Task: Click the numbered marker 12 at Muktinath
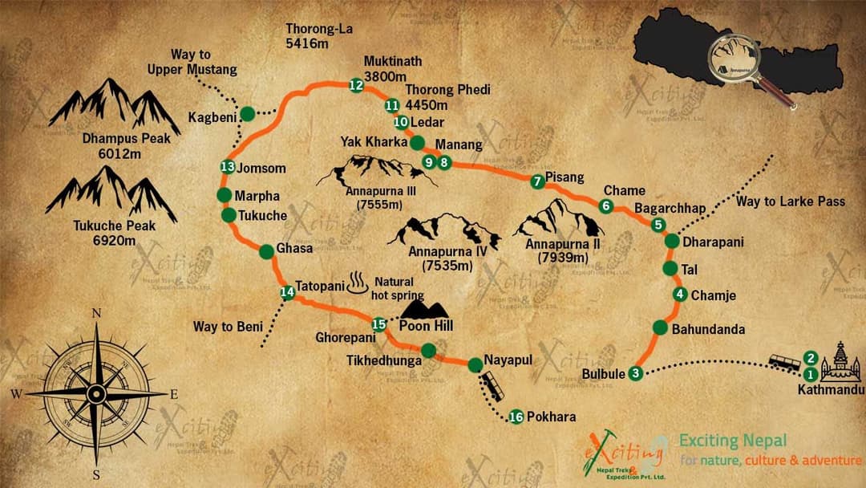point(357,85)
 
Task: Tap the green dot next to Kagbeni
point(248,114)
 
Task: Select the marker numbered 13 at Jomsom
point(228,167)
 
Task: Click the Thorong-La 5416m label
point(319,36)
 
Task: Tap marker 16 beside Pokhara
point(516,417)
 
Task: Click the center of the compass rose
point(96,393)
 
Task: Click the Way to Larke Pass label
point(790,201)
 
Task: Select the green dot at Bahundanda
point(660,327)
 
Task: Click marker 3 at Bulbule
point(635,372)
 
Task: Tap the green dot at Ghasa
point(266,251)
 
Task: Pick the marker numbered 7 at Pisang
point(537,182)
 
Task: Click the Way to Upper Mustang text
point(192,63)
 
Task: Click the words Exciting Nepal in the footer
point(733,441)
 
